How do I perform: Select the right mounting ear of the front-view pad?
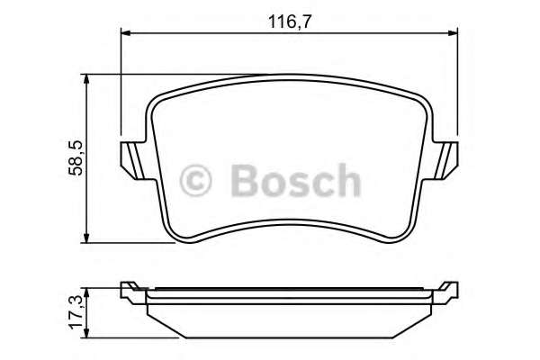click(443, 160)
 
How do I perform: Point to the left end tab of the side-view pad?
click(131, 289)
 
